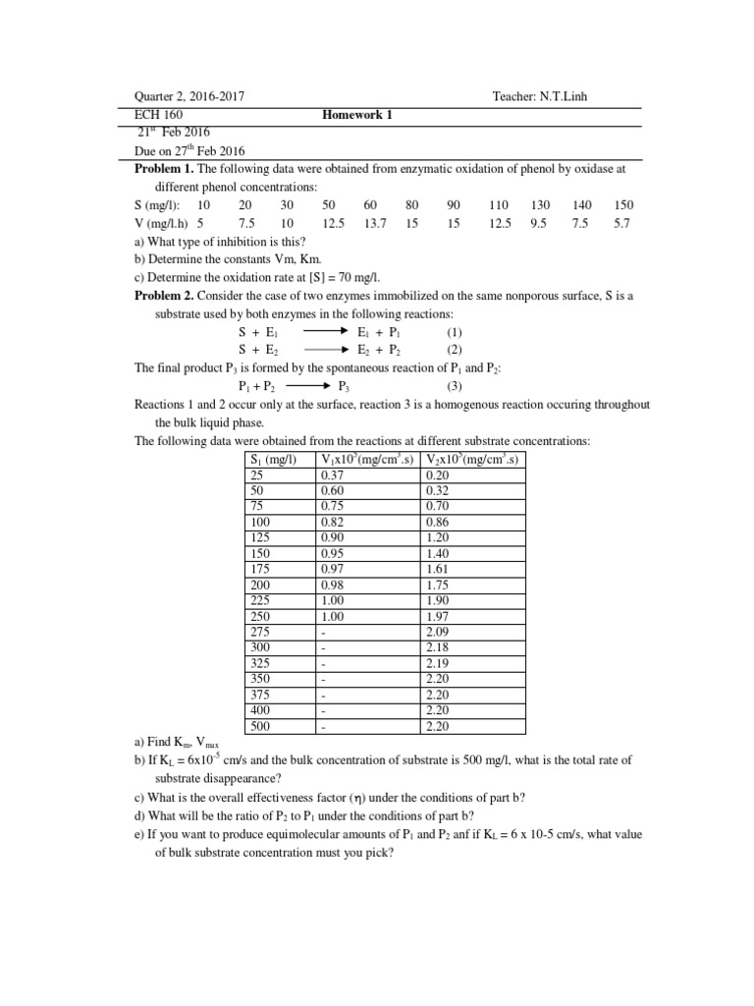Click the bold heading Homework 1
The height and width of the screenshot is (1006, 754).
pyautogui.click(x=357, y=115)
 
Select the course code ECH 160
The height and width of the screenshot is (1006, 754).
pyautogui.click(x=157, y=115)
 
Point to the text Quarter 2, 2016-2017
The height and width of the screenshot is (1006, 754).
pyautogui.click(x=189, y=96)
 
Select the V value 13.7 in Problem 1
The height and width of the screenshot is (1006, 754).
pyautogui.click(x=374, y=223)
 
